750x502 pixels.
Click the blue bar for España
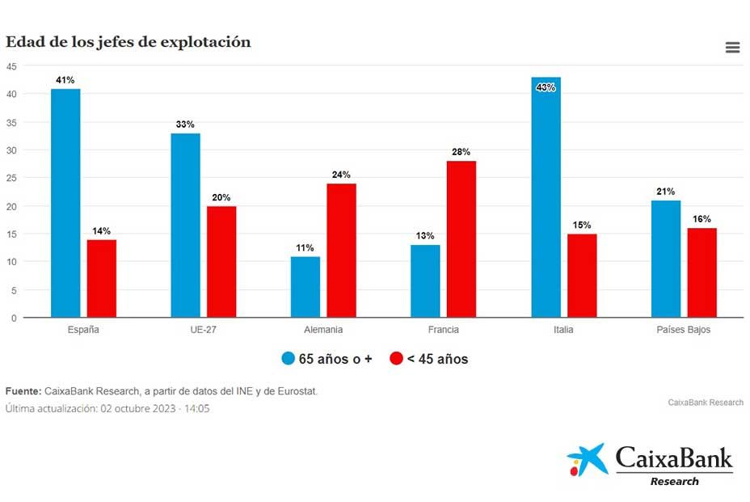coord(65,203)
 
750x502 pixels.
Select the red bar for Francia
coord(461,239)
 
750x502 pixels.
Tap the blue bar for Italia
coord(546,197)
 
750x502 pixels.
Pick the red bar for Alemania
coord(341,251)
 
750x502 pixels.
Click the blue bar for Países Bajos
coord(666,259)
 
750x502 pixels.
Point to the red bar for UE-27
coord(221,262)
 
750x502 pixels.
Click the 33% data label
coord(185,124)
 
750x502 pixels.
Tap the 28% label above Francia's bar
coord(461,152)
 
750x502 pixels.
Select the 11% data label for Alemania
coord(305,247)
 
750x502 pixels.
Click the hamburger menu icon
coord(732,48)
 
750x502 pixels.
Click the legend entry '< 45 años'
coord(428,359)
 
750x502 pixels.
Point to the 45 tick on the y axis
coord(11,66)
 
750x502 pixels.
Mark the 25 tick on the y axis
coord(11,178)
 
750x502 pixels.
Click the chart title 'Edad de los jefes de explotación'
coord(129,42)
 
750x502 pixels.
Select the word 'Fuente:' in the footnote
coord(23,391)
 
